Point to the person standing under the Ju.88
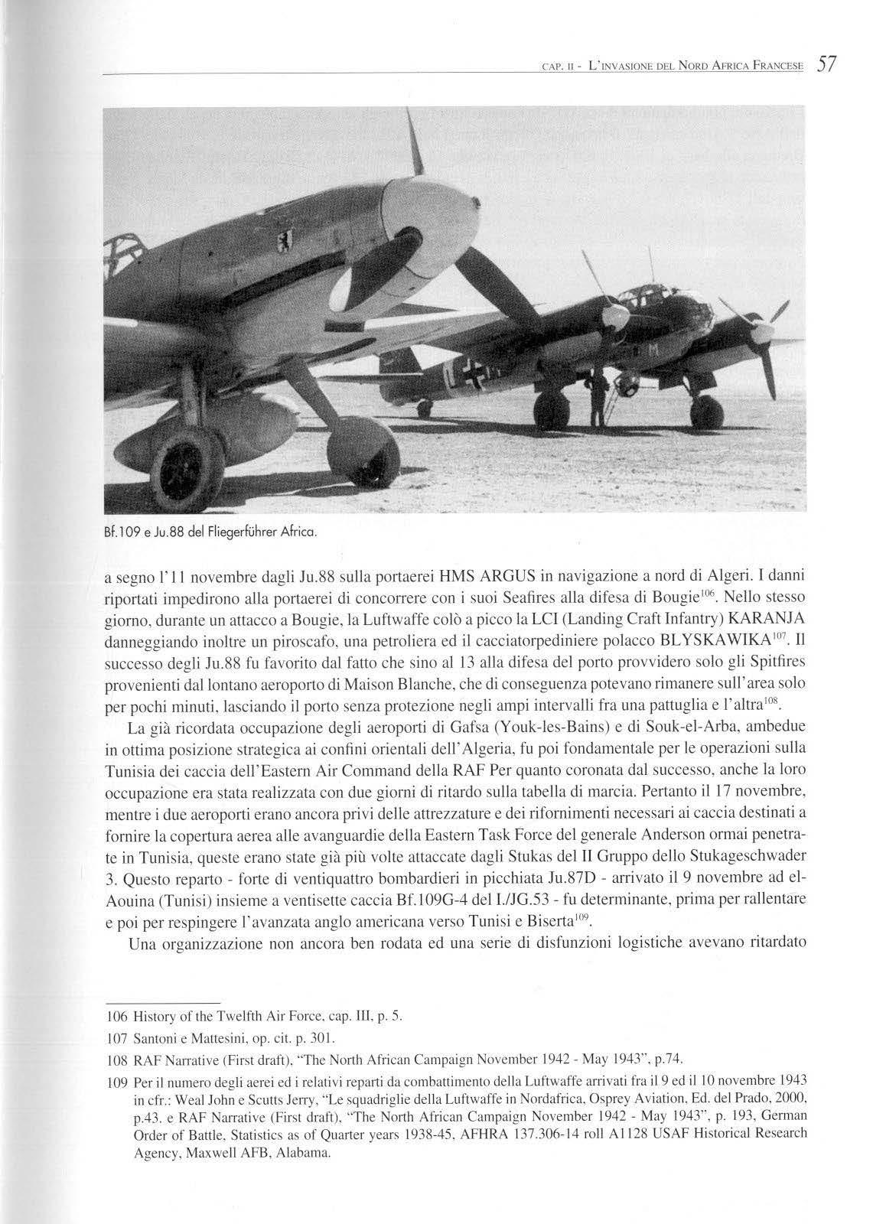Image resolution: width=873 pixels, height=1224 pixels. pos(594,398)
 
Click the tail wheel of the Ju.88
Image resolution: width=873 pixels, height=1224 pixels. pos(424,409)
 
